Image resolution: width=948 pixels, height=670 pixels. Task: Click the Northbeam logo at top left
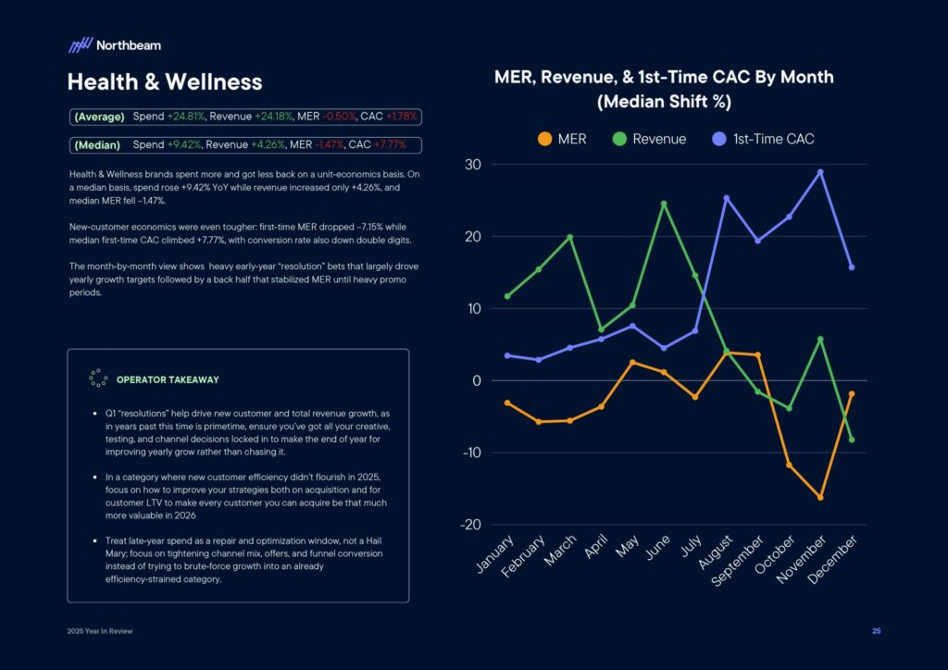tap(114, 44)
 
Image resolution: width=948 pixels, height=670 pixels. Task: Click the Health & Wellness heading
tap(165, 81)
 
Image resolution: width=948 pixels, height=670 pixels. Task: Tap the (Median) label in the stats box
tap(97, 145)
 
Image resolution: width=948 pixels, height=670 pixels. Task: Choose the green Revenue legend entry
tap(649, 139)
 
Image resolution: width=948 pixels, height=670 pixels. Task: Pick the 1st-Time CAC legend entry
tap(763, 139)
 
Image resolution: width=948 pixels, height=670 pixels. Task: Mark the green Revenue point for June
tap(664, 204)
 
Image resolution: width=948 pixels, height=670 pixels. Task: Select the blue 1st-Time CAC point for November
tap(820, 172)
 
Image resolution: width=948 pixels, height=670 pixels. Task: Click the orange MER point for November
tap(820, 498)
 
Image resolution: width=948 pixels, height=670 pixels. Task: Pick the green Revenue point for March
tap(570, 237)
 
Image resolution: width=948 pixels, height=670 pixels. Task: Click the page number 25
tap(876, 631)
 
